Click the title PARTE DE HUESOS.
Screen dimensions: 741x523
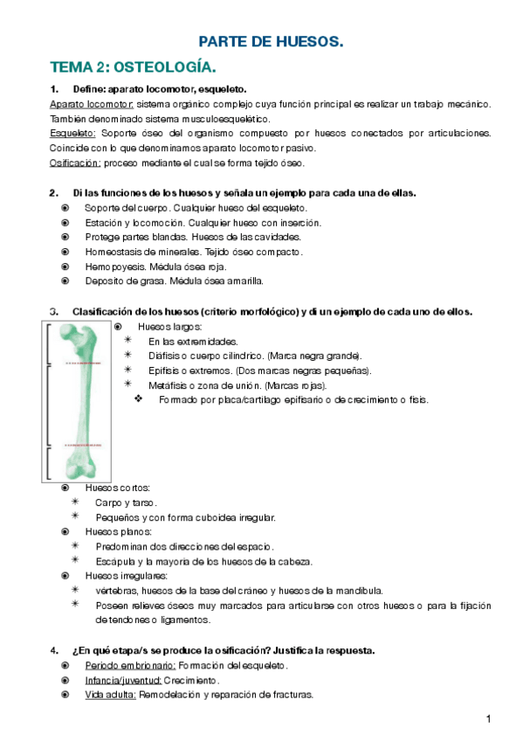point(272,41)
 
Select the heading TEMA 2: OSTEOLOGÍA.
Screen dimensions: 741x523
point(133,67)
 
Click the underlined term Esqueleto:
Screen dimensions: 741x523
point(72,133)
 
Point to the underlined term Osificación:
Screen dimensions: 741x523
point(75,163)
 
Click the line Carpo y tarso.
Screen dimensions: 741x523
point(126,502)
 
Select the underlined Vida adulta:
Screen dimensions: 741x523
point(110,695)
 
